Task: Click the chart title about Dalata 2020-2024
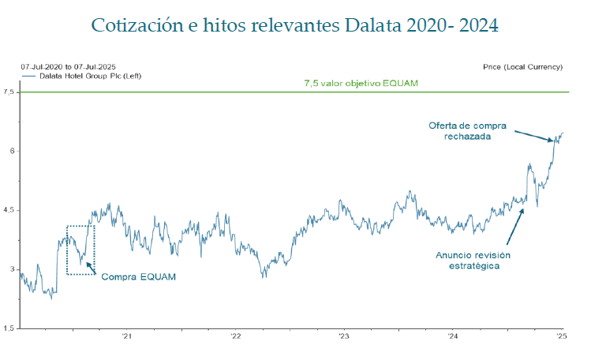(x=295, y=25)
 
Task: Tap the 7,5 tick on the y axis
(x=9, y=92)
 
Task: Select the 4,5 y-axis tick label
(x=9, y=210)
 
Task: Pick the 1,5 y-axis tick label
(x=9, y=328)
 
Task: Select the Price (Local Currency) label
(x=522, y=67)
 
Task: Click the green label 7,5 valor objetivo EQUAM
(x=361, y=83)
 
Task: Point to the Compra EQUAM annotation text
(x=138, y=277)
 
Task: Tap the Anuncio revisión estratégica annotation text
(x=473, y=260)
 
